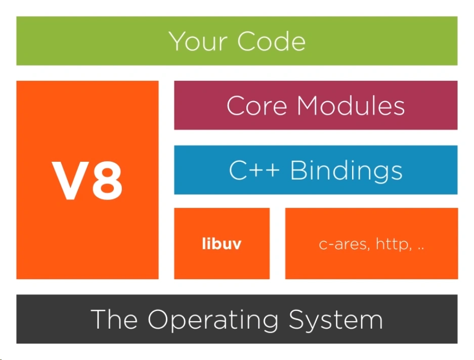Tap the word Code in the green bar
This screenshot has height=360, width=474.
tap(272, 41)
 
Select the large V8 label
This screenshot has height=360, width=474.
tap(88, 181)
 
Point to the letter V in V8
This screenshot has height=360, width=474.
tap(68, 181)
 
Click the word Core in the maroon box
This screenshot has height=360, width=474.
tap(257, 106)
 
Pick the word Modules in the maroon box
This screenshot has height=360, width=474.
tap(351, 106)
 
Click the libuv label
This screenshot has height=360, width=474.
tap(222, 244)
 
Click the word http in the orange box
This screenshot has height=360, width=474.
tap(393, 245)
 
